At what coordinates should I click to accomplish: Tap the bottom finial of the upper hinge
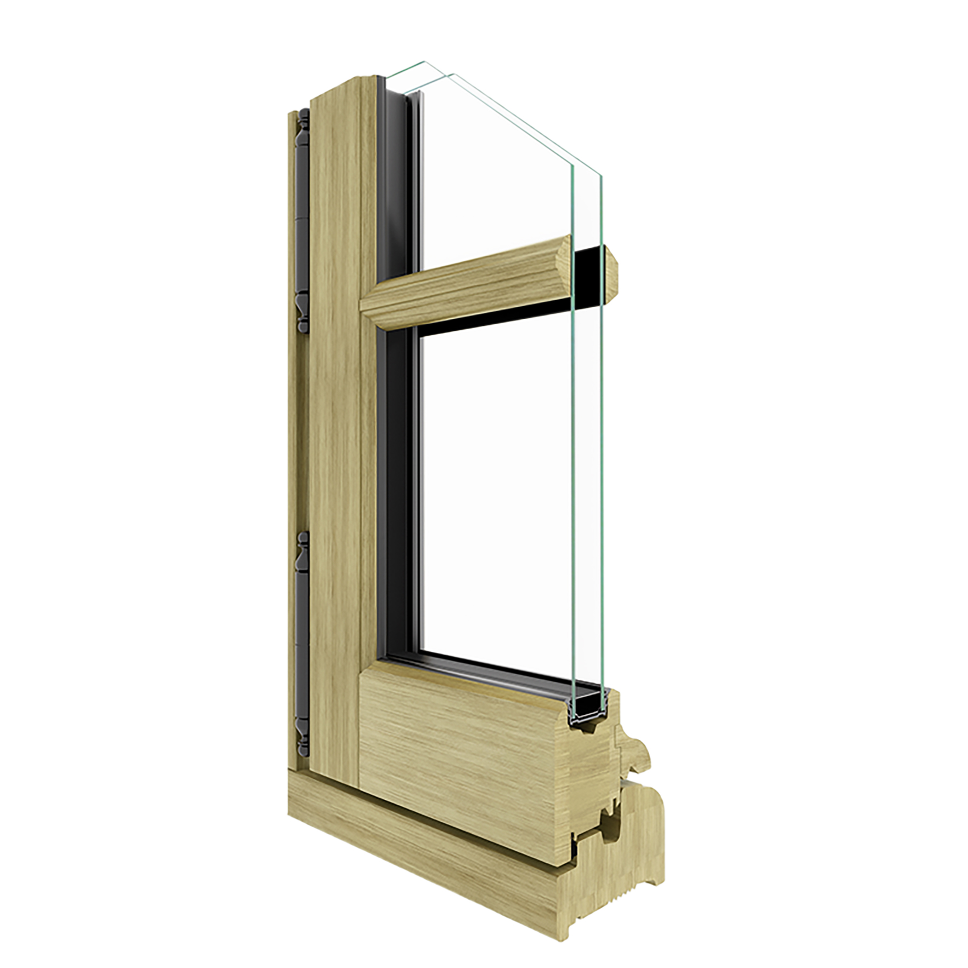[303, 315]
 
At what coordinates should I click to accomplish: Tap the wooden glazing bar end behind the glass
[611, 265]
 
